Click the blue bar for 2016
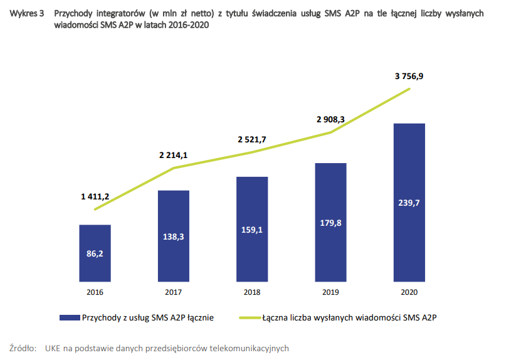[95, 253]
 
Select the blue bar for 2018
[252, 229]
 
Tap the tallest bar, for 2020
[409, 202]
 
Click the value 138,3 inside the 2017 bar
[174, 236]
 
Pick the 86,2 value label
[95, 254]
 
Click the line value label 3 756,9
[409, 76]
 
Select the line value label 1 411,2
[95, 196]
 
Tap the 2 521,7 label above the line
[252, 139]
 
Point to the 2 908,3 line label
[330, 118]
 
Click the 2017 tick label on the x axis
[174, 292]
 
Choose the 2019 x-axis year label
[330, 292]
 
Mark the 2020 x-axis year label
[409, 292]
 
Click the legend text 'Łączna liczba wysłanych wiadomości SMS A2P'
[349, 318]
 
